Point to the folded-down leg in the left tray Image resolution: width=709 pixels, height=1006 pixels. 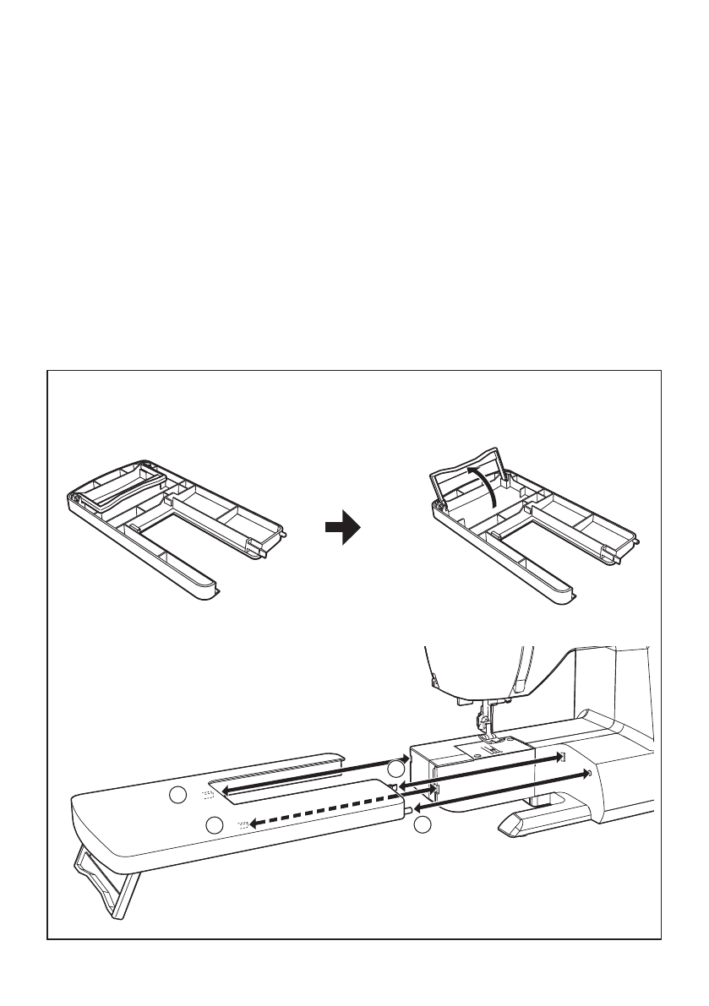click(118, 490)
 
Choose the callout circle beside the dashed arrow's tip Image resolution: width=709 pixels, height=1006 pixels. click(215, 824)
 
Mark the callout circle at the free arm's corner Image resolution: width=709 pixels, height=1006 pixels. click(396, 769)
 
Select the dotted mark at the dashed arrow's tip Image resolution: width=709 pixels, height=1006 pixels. click(245, 824)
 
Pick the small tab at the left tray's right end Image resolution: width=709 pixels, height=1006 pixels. click(286, 534)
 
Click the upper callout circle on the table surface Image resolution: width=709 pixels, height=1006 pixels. click(177, 795)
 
